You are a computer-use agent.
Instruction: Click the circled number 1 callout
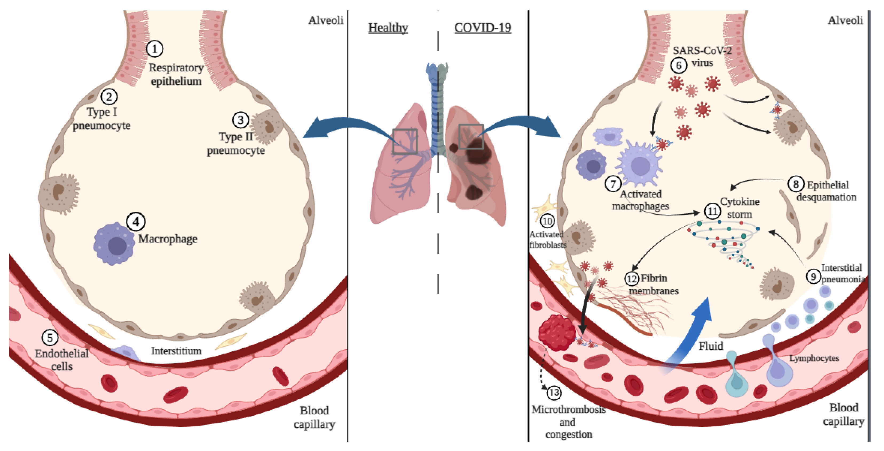(154, 49)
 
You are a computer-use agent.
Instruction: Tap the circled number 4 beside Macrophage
(136, 222)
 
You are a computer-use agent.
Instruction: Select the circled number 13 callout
(553, 392)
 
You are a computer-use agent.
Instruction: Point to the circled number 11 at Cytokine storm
(712, 211)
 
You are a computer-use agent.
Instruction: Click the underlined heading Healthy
(388, 28)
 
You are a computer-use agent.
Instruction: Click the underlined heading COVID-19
(482, 28)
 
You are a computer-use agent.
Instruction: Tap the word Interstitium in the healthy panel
(176, 351)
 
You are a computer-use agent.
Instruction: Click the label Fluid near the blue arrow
(711, 346)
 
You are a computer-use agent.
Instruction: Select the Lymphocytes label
(814, 358)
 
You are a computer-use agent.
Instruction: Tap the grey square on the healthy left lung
(405, 141)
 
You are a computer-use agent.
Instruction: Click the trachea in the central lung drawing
(437, 103)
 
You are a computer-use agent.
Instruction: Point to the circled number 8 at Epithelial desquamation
(795, 184)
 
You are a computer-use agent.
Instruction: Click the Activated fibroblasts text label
(547, 240)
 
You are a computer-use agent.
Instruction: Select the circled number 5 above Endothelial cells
(50, 338)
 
